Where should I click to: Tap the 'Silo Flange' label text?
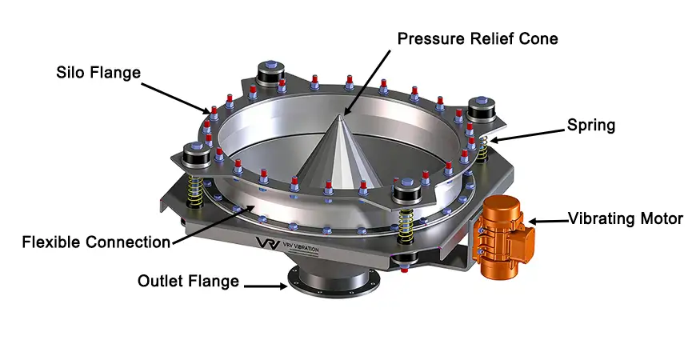coord(98,72)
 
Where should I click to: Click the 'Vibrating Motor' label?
coord(626,218)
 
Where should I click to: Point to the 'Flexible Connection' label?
coord(96,242)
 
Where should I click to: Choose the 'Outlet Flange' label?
coord(188,281)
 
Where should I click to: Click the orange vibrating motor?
coord(502,237)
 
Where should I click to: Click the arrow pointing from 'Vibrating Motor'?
coord(545,219)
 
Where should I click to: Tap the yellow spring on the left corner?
coord(193,190)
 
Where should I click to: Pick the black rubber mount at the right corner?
coord(484,110)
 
